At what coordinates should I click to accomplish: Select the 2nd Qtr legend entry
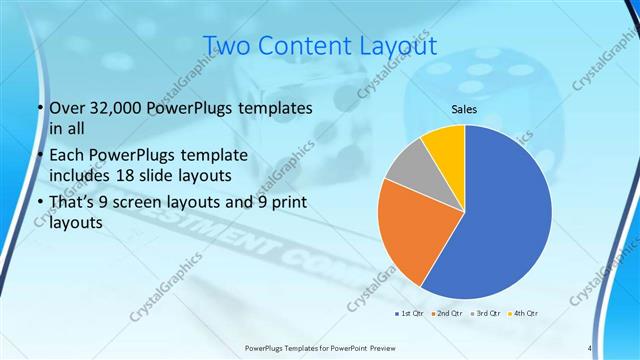tap(446, 314)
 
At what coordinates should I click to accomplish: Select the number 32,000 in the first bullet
tap(109, 108)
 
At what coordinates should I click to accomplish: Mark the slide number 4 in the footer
tap(590, 348)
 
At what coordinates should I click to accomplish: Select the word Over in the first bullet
tap(67, 108)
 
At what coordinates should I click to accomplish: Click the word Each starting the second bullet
tap(67, 157)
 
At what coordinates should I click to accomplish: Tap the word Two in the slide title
tap(225, 46)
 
